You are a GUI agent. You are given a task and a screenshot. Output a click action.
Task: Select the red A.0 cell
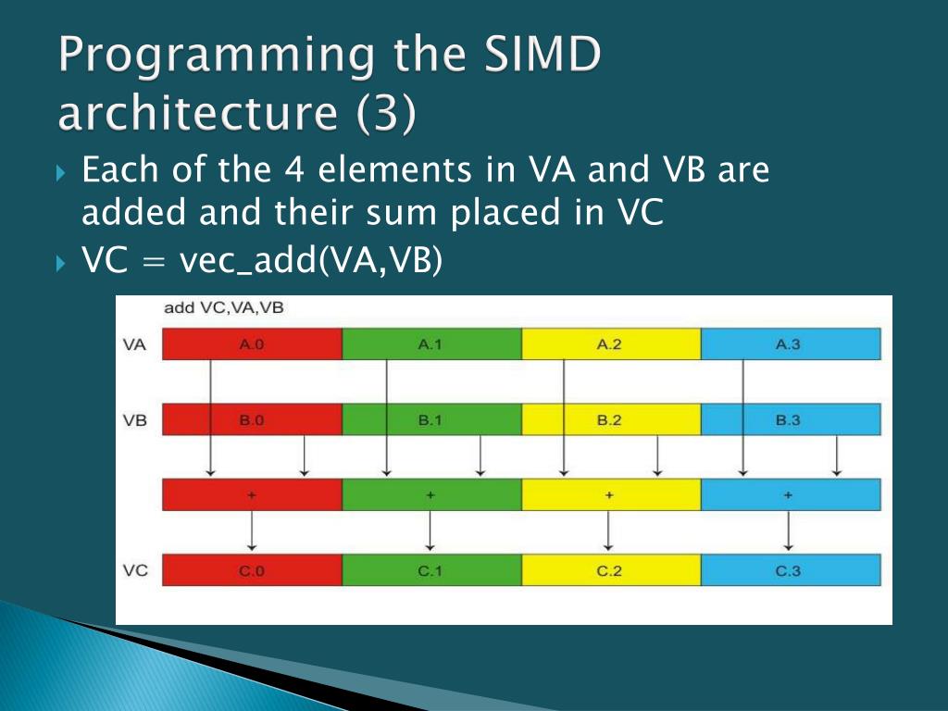pyautogui.click(x=252, y=344)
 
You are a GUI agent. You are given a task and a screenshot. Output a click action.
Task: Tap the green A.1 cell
pyautogui.click(x=431, y=344)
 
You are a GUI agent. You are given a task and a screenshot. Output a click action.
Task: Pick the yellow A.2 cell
pyautogui.click(x=611, y=344)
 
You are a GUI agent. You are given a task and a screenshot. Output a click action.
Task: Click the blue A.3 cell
pyautogui.click(x=791, y=344)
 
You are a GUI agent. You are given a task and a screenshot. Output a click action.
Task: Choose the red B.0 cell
pyautogui.click(x=252, y=419)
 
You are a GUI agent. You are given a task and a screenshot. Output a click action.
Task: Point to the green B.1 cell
pyautogui.click(x=431, y=419)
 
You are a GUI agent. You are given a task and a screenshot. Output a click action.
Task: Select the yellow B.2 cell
pyautogui.click(x=611, y=419)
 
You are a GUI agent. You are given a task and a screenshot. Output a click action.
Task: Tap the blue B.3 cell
pyautogui.click(x=791, y=419)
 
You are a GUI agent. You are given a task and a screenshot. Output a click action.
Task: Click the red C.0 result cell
pyautogui.click(x=252, y=570)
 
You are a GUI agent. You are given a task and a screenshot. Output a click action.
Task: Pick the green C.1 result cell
pyautogui.click(x=431, y=570)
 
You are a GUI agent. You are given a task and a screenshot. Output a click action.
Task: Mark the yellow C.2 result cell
pyautogui.click(x=611, y=570)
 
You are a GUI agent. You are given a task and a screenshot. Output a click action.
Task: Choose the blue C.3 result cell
pyautogui.click(x=791, y=570)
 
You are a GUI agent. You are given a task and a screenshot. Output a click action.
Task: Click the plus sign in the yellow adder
pyautogui.click(x=609, y=495)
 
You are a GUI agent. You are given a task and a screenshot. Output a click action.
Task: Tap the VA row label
pyautogui.click(x=134, y=344)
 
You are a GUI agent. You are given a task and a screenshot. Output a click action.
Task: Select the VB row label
pyautogui.click(x=134, y=419)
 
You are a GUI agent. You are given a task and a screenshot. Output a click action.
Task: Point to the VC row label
pyautogui.click(x=135, y=570)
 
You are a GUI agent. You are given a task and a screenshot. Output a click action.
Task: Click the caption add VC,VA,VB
pyautogui.click(x=223, y=307)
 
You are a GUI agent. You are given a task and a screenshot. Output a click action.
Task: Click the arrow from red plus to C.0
pyautogui.click(x=252, y=532)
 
